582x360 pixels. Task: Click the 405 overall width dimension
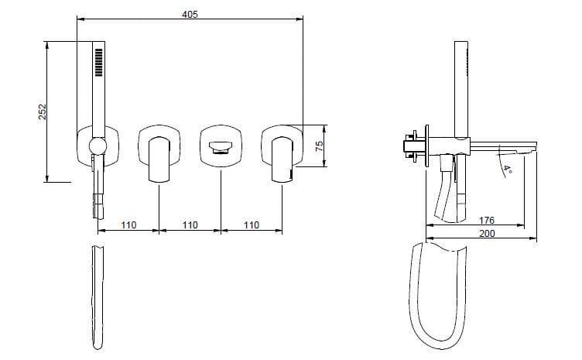point(190,15)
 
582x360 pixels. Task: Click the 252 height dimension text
point(43,111)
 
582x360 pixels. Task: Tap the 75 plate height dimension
point(319,146)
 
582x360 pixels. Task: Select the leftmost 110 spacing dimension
point(128,225)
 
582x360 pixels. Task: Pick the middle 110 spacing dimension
point(190,225)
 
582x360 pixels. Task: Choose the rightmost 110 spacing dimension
point(252,225)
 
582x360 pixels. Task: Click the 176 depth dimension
point(487,221)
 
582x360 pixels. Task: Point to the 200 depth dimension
point(487,234)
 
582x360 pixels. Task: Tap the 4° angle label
point(508,170)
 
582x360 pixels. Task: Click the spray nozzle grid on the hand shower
point(99,63)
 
